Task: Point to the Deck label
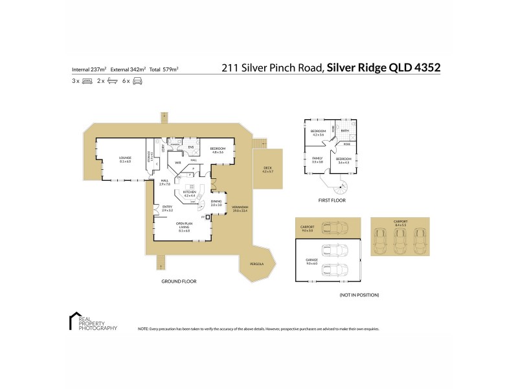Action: coord(267,170)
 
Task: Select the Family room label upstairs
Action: coord(317,159)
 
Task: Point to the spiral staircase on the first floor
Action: coord(340,189)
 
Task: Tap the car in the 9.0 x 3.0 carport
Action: coord(337,229)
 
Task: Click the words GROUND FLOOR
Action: coord(179,281)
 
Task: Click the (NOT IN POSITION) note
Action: coord(359,295)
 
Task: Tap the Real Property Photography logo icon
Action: coord(72,321)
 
